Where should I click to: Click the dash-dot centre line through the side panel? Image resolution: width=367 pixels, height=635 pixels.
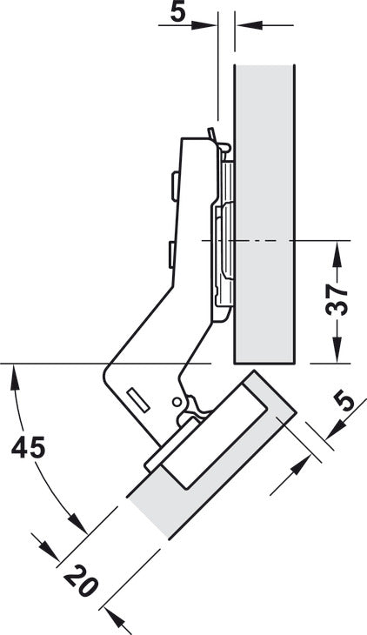coord(278,239)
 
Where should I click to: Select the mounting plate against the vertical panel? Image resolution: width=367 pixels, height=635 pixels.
coord(223,235)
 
